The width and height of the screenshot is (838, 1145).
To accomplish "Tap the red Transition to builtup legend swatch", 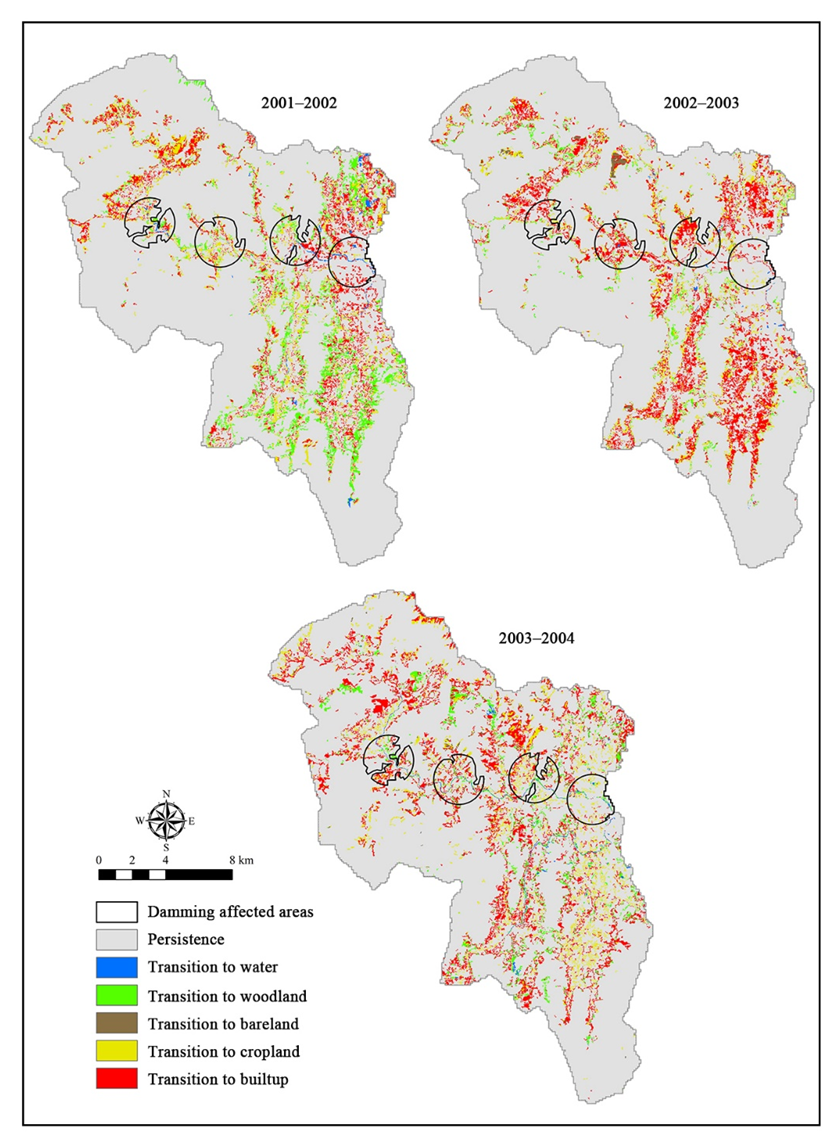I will (116, 1079).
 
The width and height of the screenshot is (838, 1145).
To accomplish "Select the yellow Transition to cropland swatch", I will (116, 1051).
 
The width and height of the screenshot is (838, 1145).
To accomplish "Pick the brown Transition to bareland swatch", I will (116, 1023).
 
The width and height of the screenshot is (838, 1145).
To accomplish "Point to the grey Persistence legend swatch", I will (116, 940).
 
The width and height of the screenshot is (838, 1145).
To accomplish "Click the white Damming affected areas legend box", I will (116, 912).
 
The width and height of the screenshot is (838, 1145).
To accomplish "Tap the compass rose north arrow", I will (166, 821).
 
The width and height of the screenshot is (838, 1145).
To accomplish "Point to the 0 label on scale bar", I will (99, 860).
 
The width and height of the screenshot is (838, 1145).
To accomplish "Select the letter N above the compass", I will (166, 794).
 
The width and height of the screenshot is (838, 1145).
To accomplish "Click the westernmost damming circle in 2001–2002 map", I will (149, 222).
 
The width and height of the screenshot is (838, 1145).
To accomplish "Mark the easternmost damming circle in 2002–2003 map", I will (752, 264).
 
